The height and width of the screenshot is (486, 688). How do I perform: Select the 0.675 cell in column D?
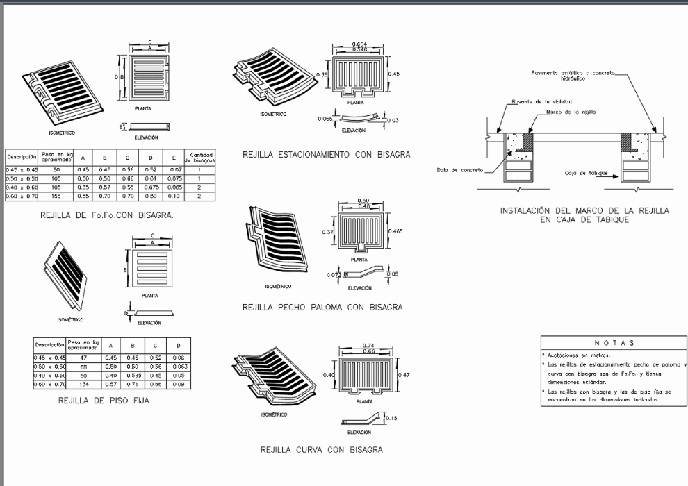[150, 187]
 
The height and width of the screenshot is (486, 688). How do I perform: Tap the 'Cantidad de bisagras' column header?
[199, 157]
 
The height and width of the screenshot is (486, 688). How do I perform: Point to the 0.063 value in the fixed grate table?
[179, 367]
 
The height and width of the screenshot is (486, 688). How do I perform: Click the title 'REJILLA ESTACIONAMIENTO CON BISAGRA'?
[326, 154]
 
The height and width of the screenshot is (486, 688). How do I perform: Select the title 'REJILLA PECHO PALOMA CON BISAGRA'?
[322, 307]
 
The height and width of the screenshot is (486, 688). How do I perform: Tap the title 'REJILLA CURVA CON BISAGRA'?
[321, 450]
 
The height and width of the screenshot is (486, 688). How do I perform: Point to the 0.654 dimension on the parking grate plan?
[360, 44]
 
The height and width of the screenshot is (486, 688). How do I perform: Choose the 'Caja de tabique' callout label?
[582, 172]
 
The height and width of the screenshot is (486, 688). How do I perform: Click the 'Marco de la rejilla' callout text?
[571, 112]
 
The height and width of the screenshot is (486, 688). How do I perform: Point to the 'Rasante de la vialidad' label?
[533, 102]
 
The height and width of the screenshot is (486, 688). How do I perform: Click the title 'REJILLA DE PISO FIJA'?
[104, 401]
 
